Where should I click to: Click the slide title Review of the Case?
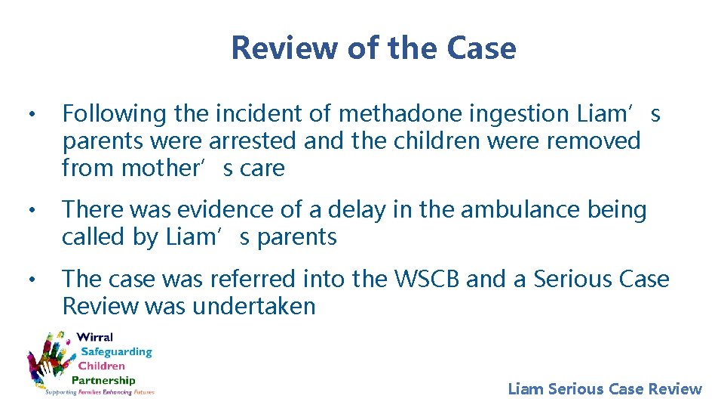point(373,48)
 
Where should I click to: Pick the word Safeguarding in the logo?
point(116,351)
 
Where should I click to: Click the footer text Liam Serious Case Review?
point(605,389)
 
